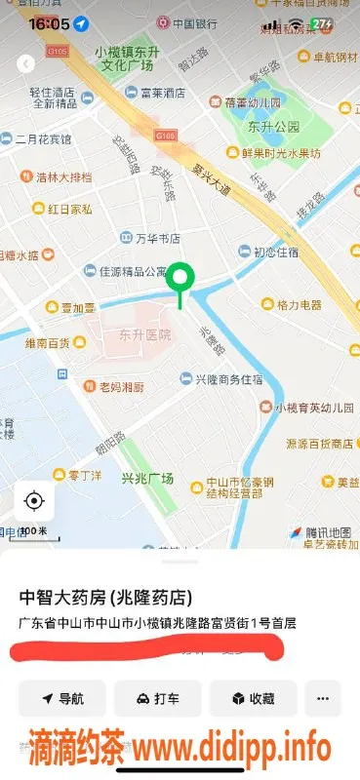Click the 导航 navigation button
[x=62, y=699]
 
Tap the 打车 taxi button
[x=157, y=699]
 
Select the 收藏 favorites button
[x=253, y=699]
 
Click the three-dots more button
[x=323, y=699]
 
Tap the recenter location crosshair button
[x=34, y=501]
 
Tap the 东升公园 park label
[x=265, y=127]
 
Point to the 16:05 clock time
[x=49, y=22]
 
